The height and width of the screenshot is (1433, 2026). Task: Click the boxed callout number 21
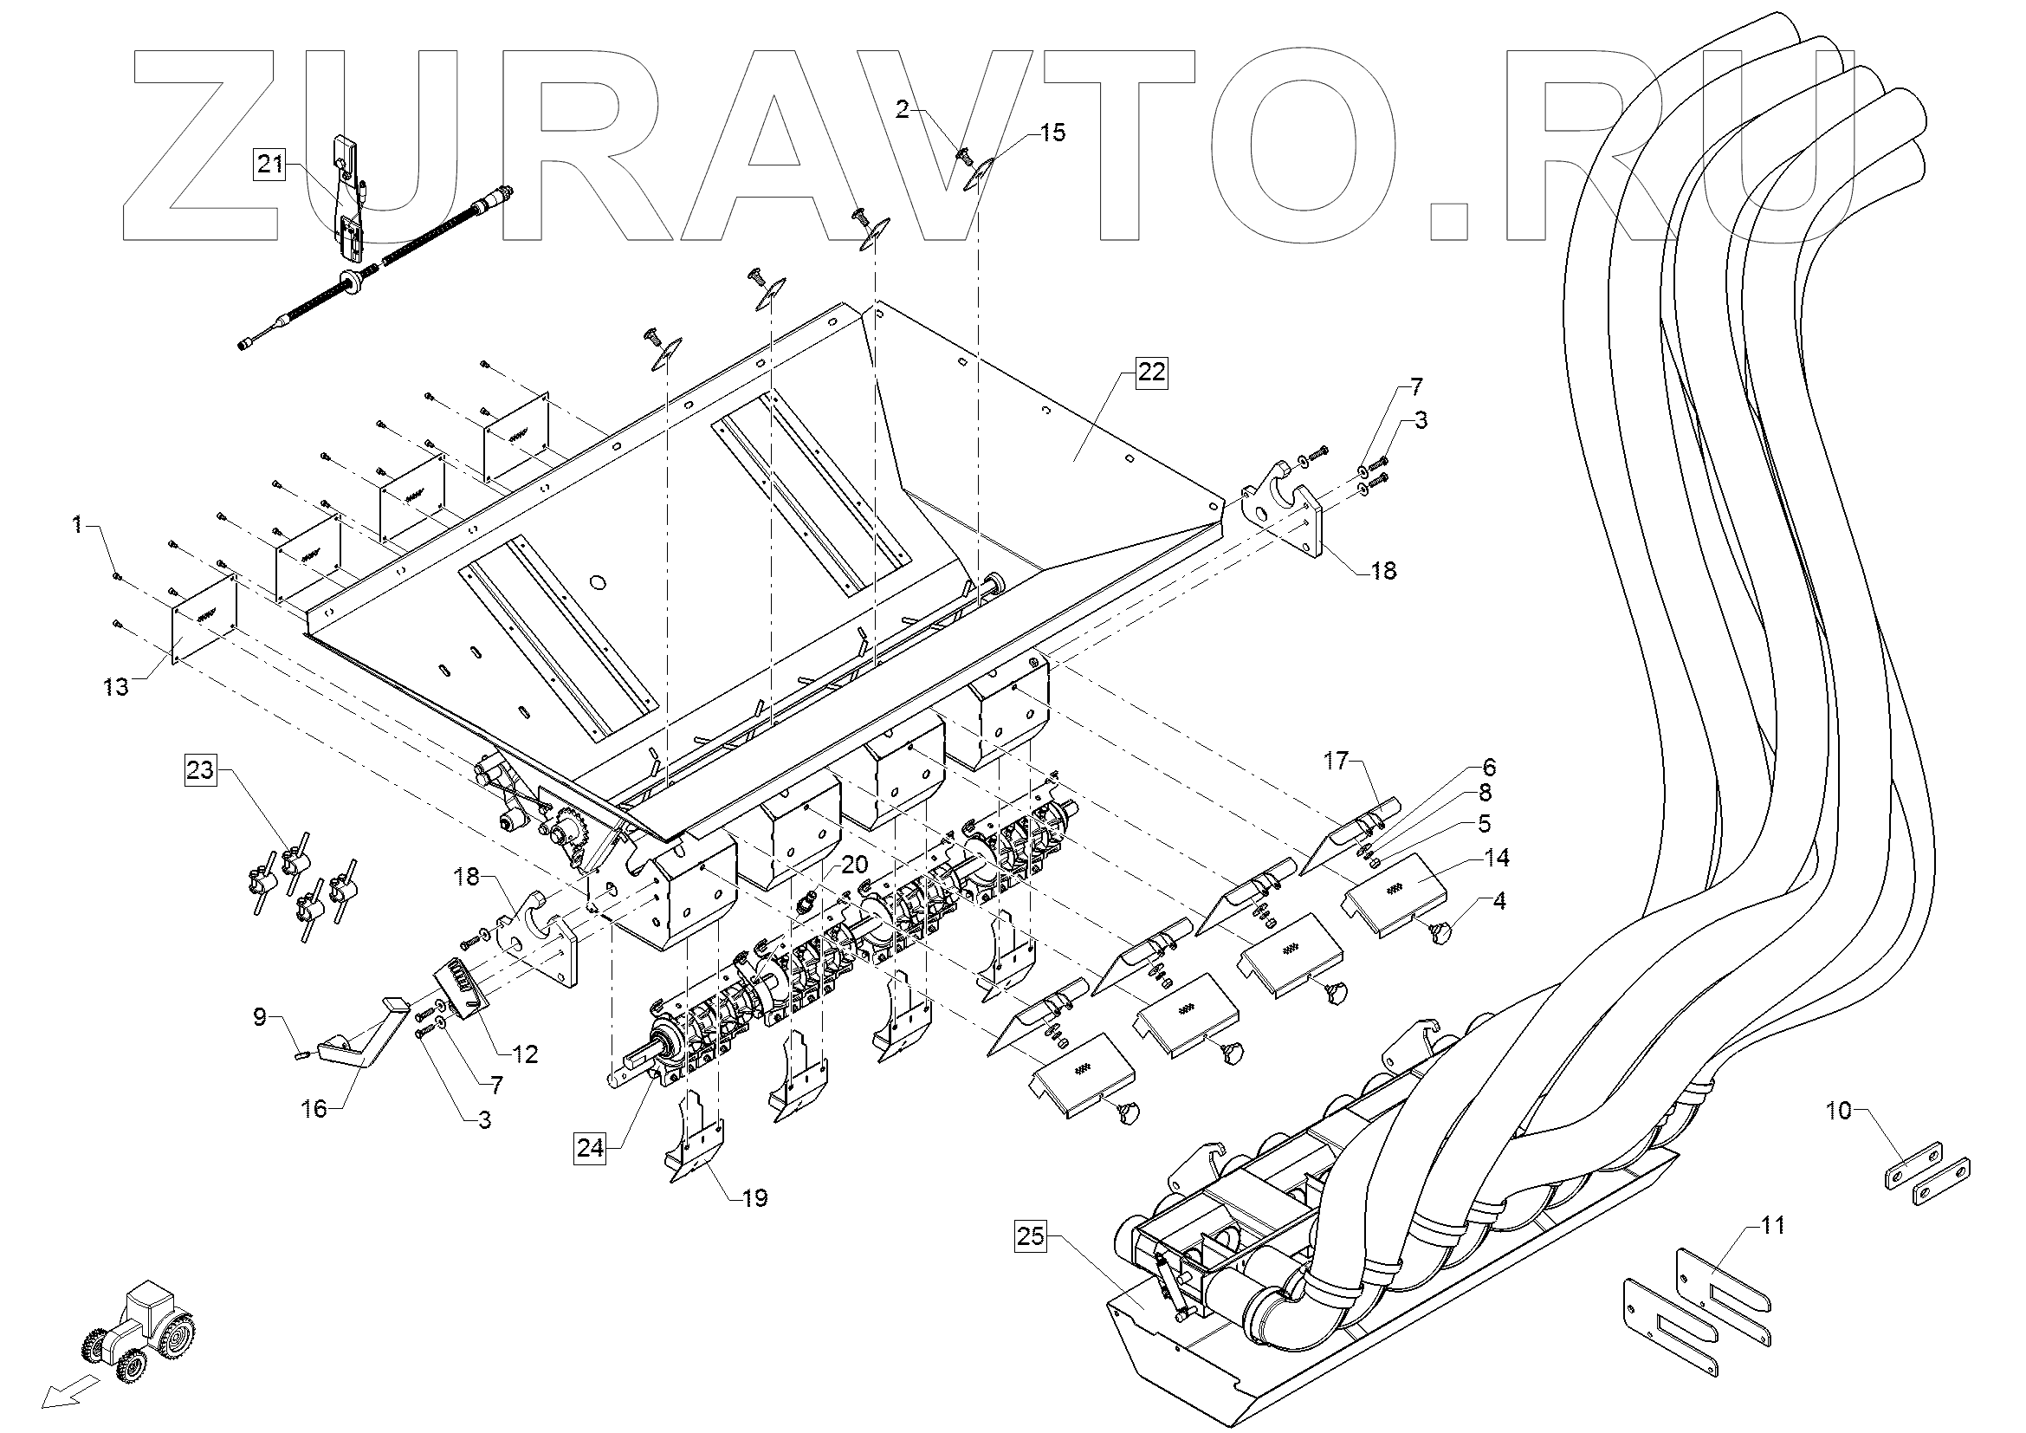point(271,164)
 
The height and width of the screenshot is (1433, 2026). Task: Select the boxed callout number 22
point(1150,373)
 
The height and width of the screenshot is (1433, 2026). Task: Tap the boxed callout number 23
point(199,770)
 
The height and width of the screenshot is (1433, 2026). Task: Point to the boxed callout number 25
point(1030,1236)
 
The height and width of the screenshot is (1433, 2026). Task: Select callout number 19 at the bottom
point(754,1197)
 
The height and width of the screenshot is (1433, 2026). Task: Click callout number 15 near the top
point(1052,133)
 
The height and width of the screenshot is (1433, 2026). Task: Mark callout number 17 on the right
point(1337,761)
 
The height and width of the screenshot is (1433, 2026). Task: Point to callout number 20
point(855,864)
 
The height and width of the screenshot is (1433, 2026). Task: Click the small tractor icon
point(140,1331)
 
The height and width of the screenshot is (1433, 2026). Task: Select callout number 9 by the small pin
point(261,1017)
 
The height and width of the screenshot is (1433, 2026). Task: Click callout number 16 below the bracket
point(315,1107)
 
